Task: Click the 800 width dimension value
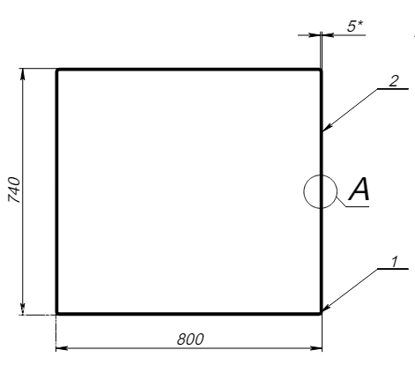point(190,339)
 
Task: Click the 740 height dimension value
point(14,190)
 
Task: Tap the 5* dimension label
point(355,26)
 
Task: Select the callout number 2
point(394,81)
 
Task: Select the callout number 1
point(395,262)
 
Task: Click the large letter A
point(359,189)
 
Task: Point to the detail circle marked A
point(304,191)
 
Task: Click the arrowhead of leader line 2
point(327,126)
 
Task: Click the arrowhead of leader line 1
point(326,307)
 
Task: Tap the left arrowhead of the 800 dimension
point(62,348)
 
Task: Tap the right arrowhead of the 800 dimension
point(316,348)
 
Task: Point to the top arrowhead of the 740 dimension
point(23,74)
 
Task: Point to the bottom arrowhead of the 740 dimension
point(23,309)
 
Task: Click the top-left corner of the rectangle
point(57,70)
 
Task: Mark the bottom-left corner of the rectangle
point(57,314)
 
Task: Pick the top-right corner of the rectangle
point(321,70)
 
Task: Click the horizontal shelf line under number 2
point(393,88)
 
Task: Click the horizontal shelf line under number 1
point(393,269)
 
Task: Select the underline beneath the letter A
point(357,207)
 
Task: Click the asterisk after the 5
point(360,24)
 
